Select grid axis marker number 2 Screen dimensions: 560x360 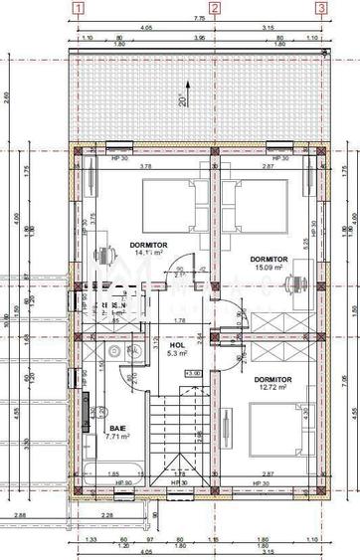coord(214,7)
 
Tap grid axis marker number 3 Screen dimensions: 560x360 coord(320,7)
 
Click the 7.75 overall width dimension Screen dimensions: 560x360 coord(199,18)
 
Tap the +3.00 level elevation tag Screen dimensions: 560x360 coord(193,373)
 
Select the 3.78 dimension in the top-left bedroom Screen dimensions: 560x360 coord(145,166)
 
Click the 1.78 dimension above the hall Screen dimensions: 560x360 coord(179,320)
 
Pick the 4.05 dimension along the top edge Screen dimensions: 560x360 coord(145,29)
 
